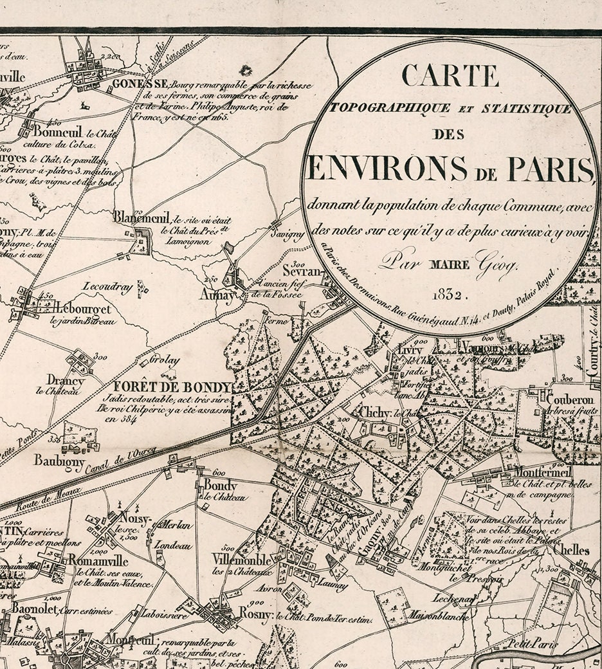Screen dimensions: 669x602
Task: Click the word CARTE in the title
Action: (x=450, y=75)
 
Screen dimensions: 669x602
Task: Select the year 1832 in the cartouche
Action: (x=451, y=295)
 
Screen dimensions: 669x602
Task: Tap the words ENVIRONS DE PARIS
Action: (x=450, y=169)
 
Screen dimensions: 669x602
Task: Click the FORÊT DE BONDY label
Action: (x=172, y=387)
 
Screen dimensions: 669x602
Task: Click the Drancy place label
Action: (x=66, y=380)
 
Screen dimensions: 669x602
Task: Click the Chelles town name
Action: (x=570, y=551)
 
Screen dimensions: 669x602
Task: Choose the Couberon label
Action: (x=569, y=399)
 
